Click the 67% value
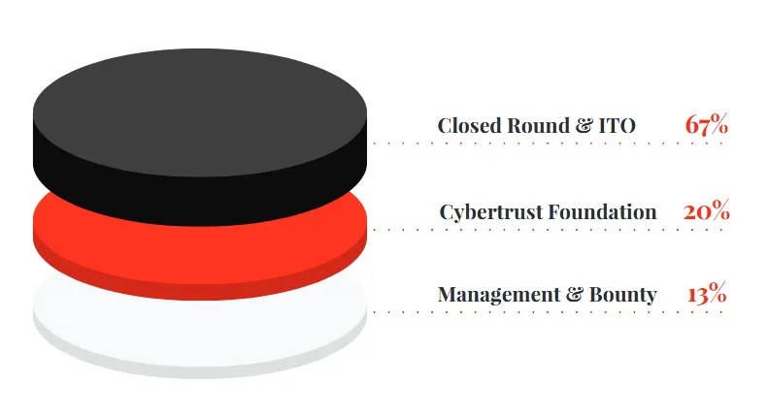pos(706,124)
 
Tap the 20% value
pos(706,211)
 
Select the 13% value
pos(707,293)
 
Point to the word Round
pos(538,125)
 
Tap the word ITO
pos(618,126)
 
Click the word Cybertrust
pos(491,212)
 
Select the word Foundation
pos(602,212)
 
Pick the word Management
pos(499,295)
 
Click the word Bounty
pos(623,295)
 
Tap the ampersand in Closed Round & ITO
pos(584,126)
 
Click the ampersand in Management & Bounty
pos(575,294)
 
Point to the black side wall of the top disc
pos(200,201)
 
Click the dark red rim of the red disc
pos(200,292)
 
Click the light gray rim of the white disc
pos(200,372)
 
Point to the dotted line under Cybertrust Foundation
pos(548,229)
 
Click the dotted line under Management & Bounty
pos(548,311)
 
